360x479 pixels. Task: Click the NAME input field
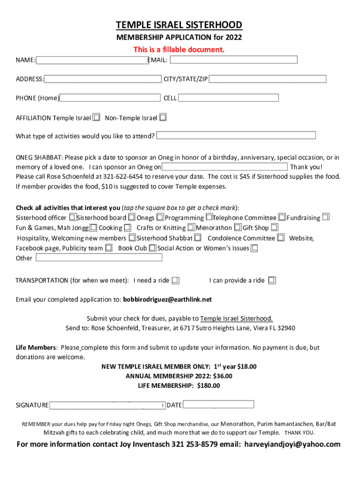pyautogui.click(x=92, y=60)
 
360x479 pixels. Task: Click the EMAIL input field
pyautogui.click(x=233, y=59)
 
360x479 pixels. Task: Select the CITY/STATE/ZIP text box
pyautogui.click(x=267, y=79)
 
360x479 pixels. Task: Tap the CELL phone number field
pyautogui.click(x=228, y=98)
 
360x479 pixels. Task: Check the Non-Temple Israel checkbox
pyautogui.click(x=163, y=117)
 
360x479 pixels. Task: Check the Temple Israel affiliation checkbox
pyautogui.click(x=96, y=117)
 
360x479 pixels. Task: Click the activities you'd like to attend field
pyautogui.click(x=236, y=136)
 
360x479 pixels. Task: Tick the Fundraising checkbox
pyautogui.click(x=326, y=217)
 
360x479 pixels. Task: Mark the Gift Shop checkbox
pyautogui.click(x=274, y=227)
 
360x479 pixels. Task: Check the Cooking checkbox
pyautogui.click(x=128, y=228)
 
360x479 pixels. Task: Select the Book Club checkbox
pyautogui.click(x=152, y=248)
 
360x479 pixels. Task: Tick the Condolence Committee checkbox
pyautogui.click(x=281, y=238)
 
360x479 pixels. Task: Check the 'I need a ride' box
pyautogui.click(x=175, y=281)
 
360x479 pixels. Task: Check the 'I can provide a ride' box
pyautogui.click(x=272, y=281)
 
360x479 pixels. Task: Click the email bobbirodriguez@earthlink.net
pyautogui.click(x=167, y=299)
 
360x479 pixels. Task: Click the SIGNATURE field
pyautogui.click(x=107, y=405)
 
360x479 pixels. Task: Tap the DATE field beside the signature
pyautogui.click(x=218, y=405)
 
